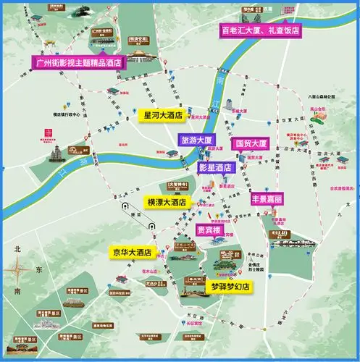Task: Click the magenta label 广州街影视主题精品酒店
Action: pos(78,62)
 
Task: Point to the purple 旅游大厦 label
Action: pos(198,139)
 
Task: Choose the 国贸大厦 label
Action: pos(252,143)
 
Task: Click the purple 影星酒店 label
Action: pos(215,166)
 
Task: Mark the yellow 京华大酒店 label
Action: pos(132,253)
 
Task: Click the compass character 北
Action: pos(16,249)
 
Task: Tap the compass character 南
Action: pos(17,292)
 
